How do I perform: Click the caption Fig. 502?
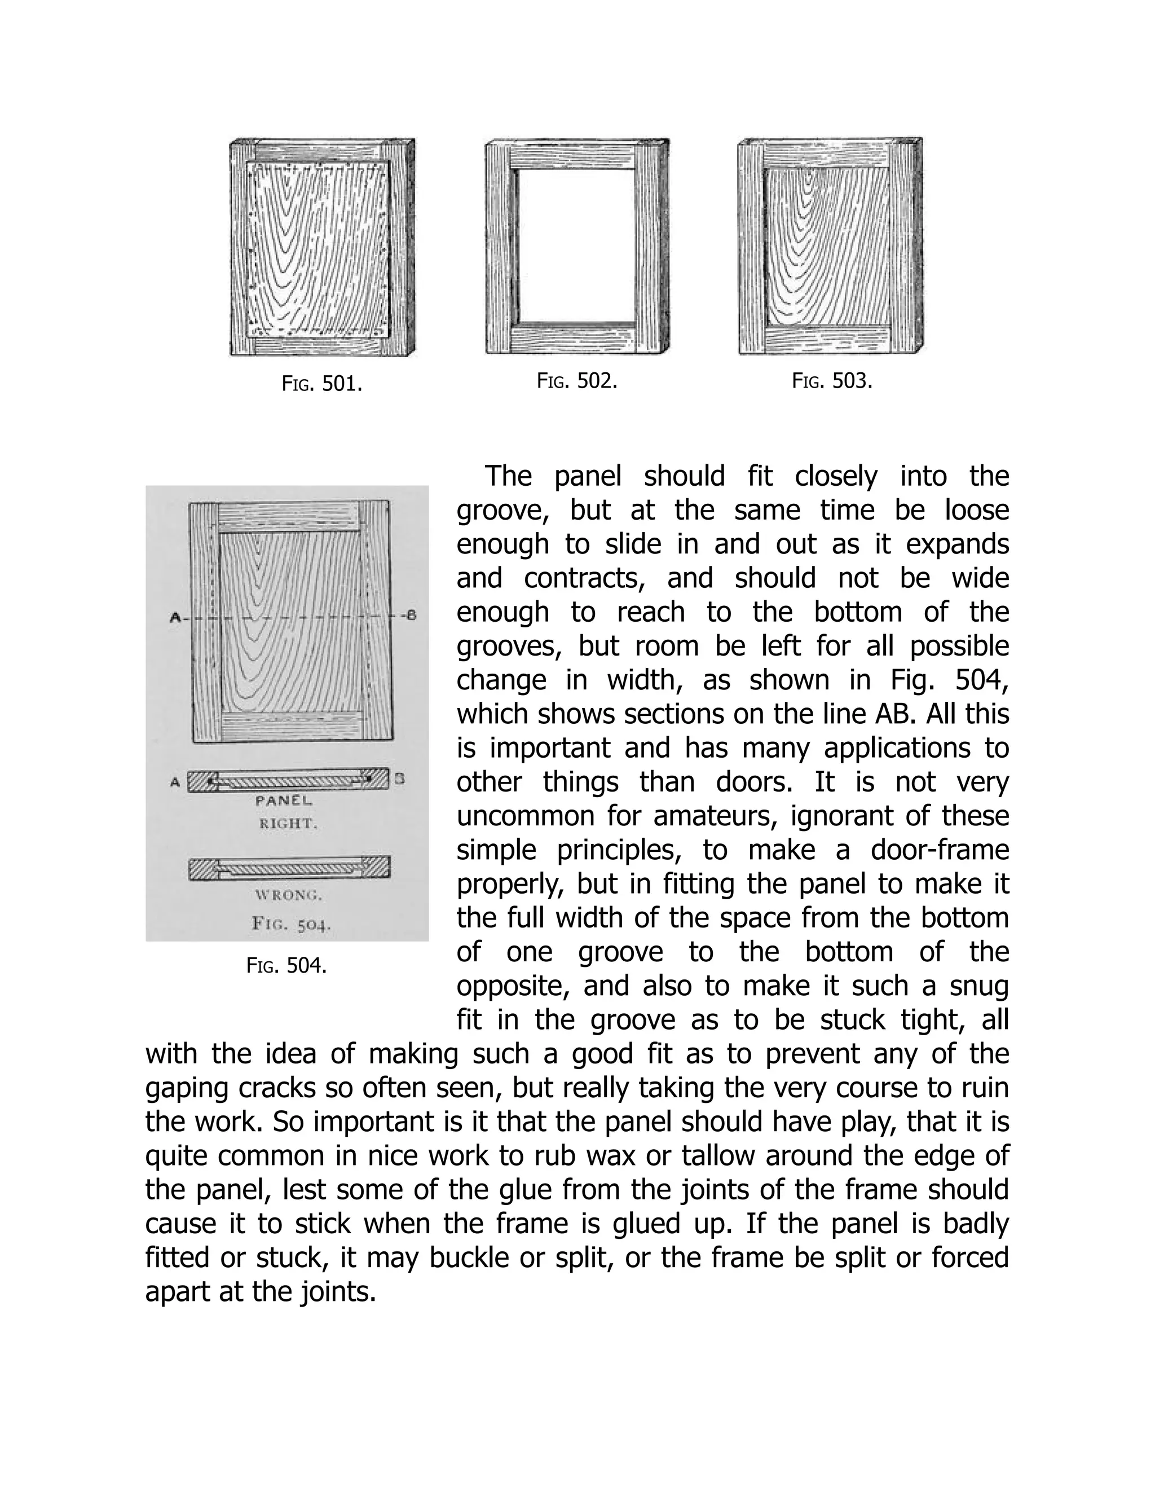(x=577, y=381)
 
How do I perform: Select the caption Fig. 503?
(x=832, y=381)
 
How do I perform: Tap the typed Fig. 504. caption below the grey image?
(x=286, y=965)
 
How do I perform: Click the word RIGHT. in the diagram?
(x=288, y=824)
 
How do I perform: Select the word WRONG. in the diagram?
(x=288, y=895)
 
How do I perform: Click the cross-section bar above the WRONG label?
(x=289, y=867)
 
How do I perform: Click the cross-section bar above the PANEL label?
(x=289, y=780)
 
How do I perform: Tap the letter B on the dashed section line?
(x=411, y=615)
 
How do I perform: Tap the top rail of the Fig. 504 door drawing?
(x=289, y=517)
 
